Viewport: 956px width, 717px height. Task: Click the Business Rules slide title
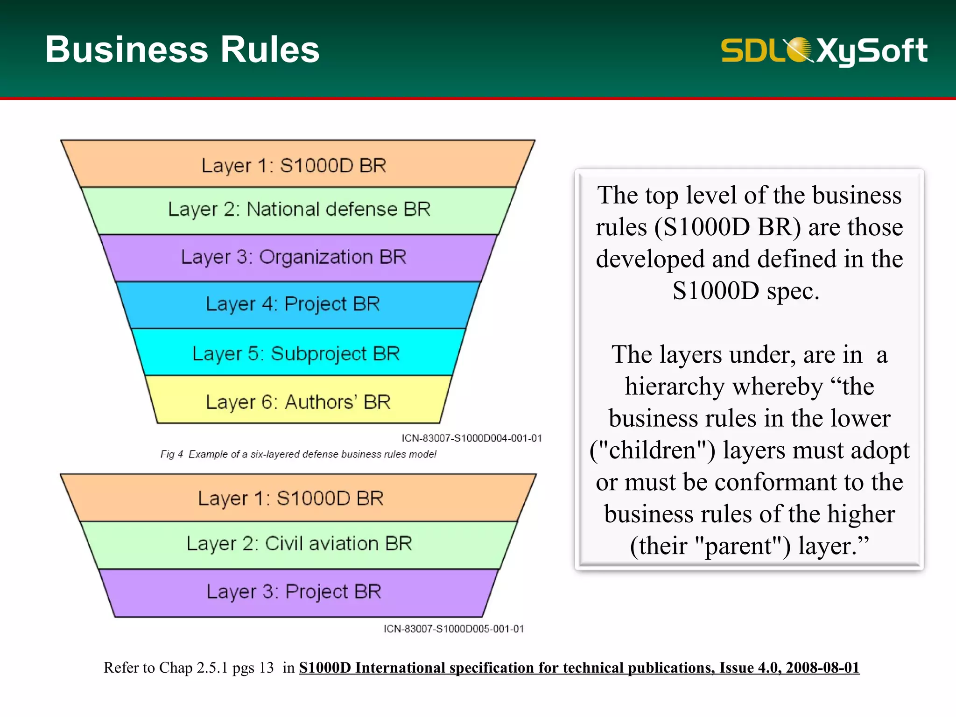(x=182, y=49)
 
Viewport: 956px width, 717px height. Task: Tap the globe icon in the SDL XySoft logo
(x=799, y=49)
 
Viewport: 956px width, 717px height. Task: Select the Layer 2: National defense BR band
(x=299, y=210)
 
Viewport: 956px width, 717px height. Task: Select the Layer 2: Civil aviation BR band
(x=299, y=544)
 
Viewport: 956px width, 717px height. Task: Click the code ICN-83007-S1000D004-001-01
(x=471, y=438)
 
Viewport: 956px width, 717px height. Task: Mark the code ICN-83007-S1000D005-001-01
(x=454, y=629)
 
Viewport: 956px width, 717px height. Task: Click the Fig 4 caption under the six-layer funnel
(x=298, y=454)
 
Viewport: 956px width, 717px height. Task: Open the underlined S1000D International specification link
(x=579, y=668)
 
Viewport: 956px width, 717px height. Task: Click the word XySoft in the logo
(x=872, y=50)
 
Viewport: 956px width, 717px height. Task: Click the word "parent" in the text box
(x=738, y=546)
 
